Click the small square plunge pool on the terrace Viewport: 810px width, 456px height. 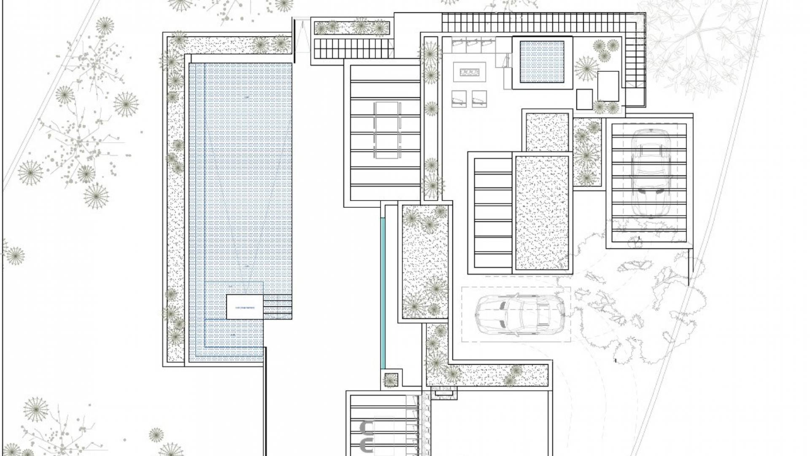(542, 62)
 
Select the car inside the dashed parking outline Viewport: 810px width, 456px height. (520, 315)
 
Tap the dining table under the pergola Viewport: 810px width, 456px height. (386, 130)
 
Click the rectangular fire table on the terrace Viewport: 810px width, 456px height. (470, 72)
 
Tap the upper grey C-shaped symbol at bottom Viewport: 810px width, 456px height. (367, 428)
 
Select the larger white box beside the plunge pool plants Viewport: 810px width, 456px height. (608, 86)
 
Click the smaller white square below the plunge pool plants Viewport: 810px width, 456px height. (584, 99)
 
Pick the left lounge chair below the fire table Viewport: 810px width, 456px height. (459, 99)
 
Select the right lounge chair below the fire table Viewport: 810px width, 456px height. (479, 99)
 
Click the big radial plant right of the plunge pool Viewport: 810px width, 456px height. (586, 68)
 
